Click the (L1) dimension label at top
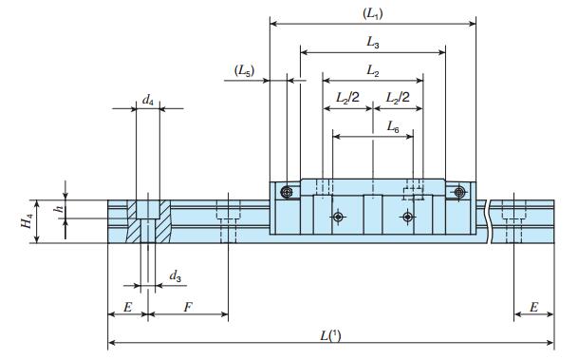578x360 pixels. [373, 13]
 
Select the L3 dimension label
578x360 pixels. [373, 43]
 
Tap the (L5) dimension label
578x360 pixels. [245, 70]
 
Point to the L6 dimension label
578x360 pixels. [393, 127]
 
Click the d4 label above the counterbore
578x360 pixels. [148, 100]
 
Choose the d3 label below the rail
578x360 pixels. [175, 275]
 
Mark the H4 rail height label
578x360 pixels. [27, 221]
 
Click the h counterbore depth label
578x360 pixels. [59, 209]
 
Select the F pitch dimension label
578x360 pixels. [188, 307]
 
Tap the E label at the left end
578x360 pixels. [127, 307]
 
